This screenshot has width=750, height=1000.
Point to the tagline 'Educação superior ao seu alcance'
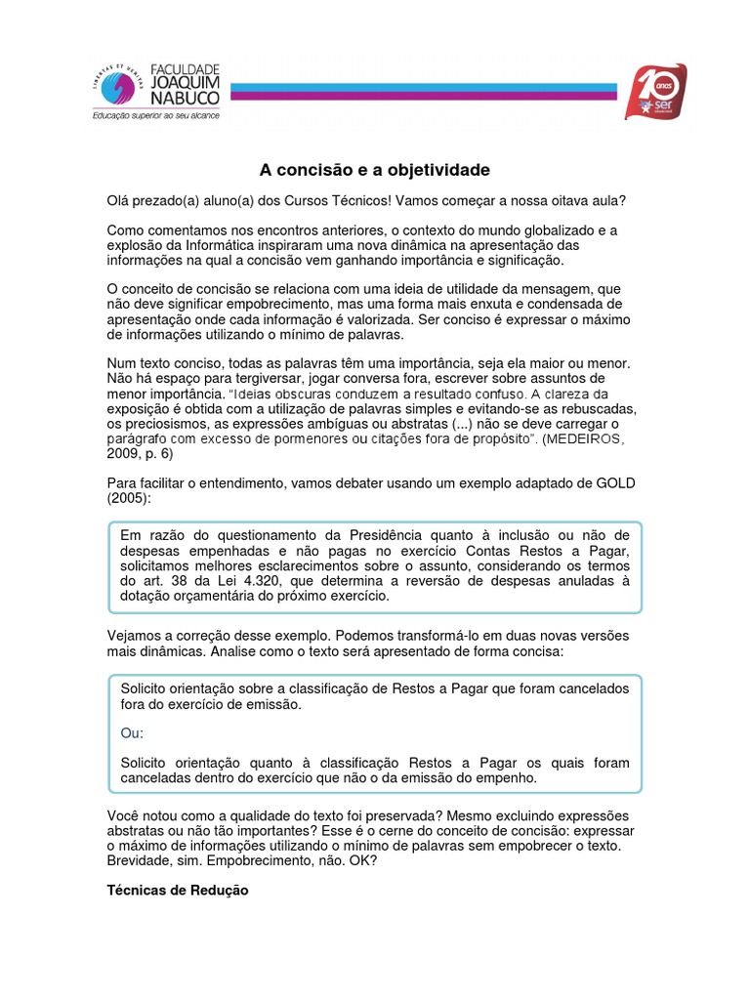[155, 115]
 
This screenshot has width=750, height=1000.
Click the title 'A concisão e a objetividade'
[374, 170]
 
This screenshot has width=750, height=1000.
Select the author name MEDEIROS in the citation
[589, 440]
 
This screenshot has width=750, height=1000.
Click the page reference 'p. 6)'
[156, 455]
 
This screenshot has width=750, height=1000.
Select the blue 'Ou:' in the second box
[131, 733]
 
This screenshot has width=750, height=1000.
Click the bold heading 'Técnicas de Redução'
[177, 891]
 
